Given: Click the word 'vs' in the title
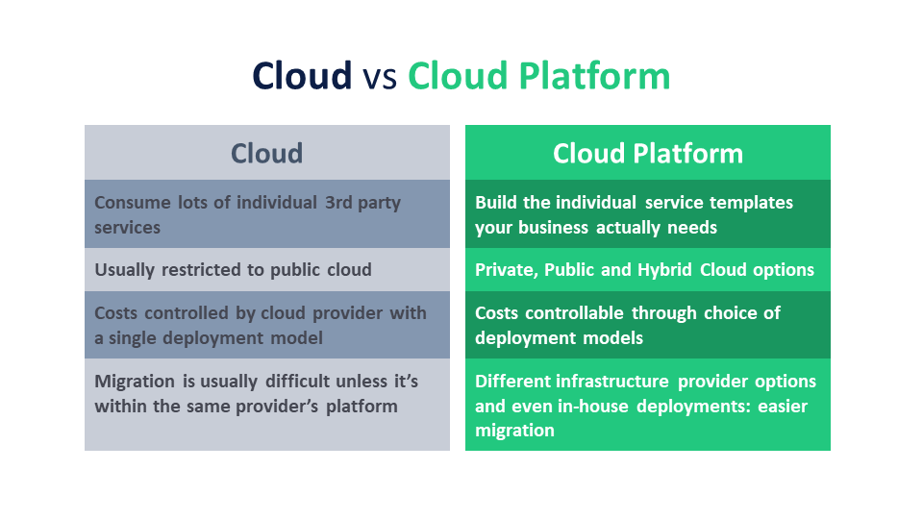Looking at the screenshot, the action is tap(379, 76).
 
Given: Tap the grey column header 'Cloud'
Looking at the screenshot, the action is tap(266, 153).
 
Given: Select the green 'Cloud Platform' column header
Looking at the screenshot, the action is tap(647, 153).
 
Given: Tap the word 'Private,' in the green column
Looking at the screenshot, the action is tap(507, 270).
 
